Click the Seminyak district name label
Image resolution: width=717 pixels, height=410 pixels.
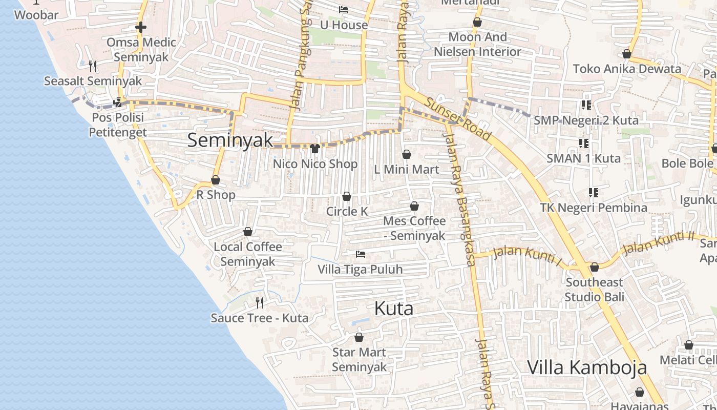point(230,140)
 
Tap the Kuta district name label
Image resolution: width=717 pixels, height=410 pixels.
point(393,309)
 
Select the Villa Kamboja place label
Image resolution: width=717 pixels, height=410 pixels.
point(587,367)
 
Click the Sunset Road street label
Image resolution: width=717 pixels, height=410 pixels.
point(458,120)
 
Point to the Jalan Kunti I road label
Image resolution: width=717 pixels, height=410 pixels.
point(528,255)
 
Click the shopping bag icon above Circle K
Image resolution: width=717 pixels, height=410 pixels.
point(347,197)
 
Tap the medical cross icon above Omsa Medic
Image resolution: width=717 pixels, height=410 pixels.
point(141,27)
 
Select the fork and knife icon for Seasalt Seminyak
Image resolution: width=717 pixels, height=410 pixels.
point(93,66)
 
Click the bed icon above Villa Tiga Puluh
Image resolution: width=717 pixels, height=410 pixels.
point(361,254)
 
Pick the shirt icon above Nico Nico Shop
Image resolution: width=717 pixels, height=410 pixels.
point(315,149)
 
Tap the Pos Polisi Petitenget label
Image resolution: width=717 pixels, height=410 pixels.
point(118,125)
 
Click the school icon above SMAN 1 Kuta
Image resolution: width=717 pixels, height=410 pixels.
point(583,143)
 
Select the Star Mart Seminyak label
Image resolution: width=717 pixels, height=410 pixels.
point(359,360)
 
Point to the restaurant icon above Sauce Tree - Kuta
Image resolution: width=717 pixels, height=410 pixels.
point(260,303)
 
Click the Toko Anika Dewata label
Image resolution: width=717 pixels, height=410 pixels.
point(627,69)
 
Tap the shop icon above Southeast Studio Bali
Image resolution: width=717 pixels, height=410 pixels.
point(595,268)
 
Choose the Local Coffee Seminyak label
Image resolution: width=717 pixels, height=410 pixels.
point(248,254)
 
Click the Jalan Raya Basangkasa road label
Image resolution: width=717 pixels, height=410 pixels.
point(461,200)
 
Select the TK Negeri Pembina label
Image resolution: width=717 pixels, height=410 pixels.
point(594,208)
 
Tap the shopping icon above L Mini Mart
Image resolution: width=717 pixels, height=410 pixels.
point(407,154)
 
